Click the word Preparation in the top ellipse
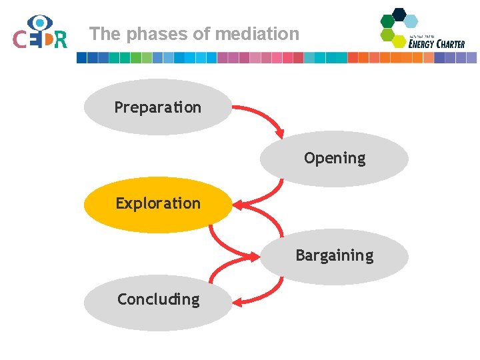coord(157,107)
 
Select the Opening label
coord(335,158)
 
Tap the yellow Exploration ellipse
coord(158,204)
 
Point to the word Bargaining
coord(335,255)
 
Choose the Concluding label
coord(158,300)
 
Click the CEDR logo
coord(40,33)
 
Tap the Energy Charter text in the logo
coord(437,44)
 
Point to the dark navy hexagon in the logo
coord(399,13)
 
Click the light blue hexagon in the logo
coord(411,21)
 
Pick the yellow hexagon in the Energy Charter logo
coord(399,41)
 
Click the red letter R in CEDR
coord(61,40)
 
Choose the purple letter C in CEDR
coord(20,40)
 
